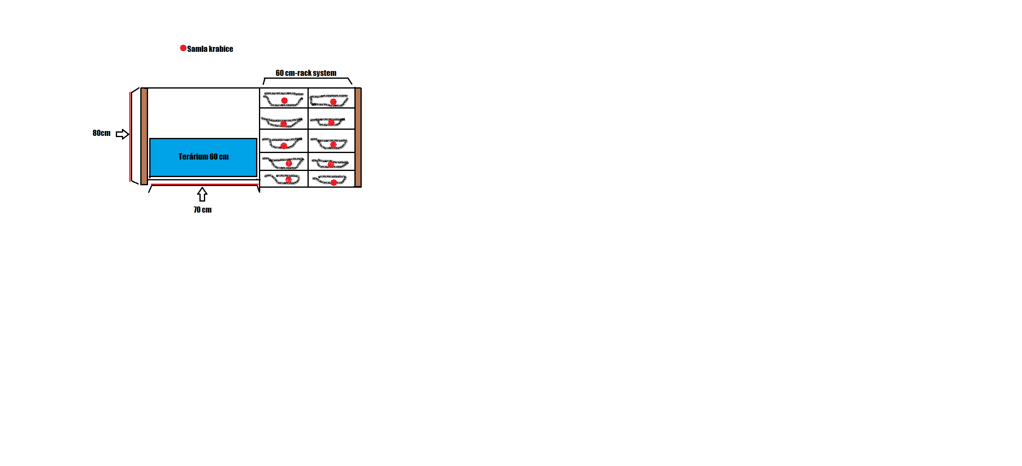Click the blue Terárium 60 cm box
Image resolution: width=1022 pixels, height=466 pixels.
[203, 158]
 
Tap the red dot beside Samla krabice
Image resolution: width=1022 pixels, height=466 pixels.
[183, 48]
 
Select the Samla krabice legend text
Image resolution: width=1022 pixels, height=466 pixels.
[210, 49]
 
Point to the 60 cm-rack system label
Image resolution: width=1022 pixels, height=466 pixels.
[306, 73]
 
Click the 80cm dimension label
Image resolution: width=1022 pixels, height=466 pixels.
[102, 133]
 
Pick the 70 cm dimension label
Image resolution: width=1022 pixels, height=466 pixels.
[202, 210]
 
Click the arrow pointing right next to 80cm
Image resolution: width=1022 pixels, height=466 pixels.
[122, 134]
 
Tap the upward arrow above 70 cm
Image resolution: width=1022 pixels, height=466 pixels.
[202, 194]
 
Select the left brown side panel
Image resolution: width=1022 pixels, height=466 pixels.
[144, 136]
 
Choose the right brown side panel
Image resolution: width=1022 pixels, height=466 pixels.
[358, 138]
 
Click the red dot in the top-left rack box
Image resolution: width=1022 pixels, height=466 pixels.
[284, 100]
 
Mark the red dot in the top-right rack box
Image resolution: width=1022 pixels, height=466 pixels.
[333, 102]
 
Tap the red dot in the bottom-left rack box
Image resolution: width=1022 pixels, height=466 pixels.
[288, 180]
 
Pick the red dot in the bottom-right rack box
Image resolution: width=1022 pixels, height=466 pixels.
[334, 182]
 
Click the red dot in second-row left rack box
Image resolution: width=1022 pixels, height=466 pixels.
[283, 124]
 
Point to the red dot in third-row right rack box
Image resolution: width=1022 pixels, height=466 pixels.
[333, 144]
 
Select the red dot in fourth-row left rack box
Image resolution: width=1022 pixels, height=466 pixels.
[289, 164]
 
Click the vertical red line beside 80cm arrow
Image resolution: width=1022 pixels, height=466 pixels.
[130, 137]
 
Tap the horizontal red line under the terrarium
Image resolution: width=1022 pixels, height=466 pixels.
[204, 184]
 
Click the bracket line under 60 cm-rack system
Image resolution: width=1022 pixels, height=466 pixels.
[307, 78]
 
